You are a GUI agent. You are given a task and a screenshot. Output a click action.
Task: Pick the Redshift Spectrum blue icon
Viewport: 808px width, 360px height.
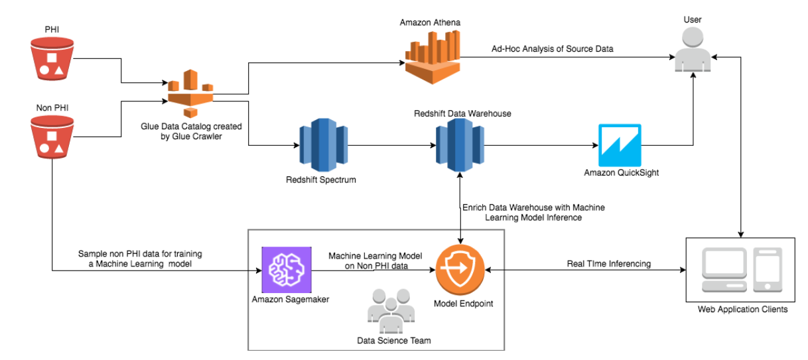coord(320,145)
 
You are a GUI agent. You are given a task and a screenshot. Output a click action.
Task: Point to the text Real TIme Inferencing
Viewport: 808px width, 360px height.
coord(608,263)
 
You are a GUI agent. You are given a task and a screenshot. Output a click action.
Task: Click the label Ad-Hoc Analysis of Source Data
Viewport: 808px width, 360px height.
coord(552,49)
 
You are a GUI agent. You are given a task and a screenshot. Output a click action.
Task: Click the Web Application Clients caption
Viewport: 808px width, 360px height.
coord(742,310)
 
